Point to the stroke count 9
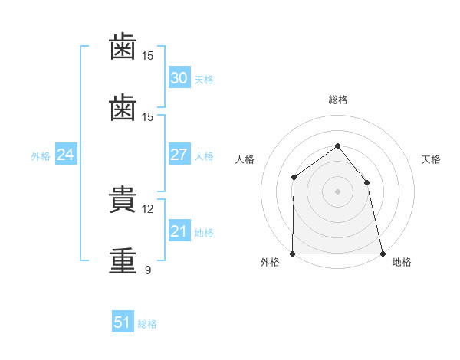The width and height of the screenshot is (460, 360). coord(147,270)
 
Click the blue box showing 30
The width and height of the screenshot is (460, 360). coord(179,78)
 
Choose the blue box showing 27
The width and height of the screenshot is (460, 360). coord(179,155)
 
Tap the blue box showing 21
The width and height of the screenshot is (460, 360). coord(179,231)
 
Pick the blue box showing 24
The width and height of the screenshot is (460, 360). coord(65,155)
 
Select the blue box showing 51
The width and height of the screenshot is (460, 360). coord(122,322)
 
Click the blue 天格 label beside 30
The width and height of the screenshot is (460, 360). coord(204,80)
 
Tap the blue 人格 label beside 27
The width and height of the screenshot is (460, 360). coord(204,156)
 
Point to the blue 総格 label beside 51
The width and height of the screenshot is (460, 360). coord(147,324)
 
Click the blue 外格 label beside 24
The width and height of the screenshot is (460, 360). coord(41,156)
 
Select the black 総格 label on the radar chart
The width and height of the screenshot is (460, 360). coord(337,100)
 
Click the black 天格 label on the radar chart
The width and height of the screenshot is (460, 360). coord(431,159)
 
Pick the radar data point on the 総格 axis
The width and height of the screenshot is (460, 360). coord(337,146)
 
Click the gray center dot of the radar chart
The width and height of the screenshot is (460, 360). coord(337,191)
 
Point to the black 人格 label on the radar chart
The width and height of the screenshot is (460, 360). coord(244,159)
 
